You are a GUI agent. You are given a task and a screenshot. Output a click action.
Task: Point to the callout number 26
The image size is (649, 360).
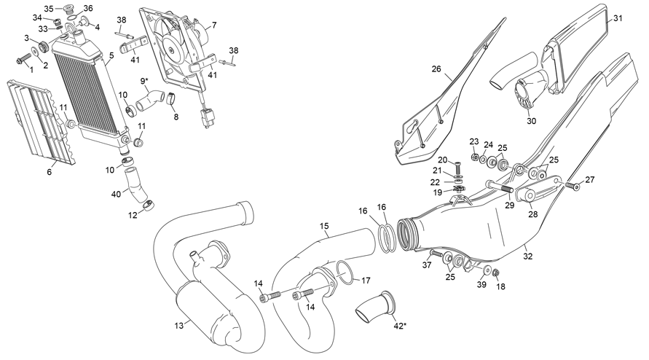(436, 69)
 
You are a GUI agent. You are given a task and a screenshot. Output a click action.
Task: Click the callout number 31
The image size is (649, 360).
(618, 18)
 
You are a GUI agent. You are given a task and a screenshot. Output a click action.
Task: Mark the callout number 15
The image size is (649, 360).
(323, 227)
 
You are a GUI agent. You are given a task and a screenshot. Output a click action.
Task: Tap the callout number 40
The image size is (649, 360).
(116, 195)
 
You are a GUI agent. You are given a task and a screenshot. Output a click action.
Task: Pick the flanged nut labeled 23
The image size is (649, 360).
(474, 156)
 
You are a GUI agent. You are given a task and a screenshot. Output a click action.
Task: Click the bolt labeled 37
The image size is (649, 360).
(434, 254)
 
